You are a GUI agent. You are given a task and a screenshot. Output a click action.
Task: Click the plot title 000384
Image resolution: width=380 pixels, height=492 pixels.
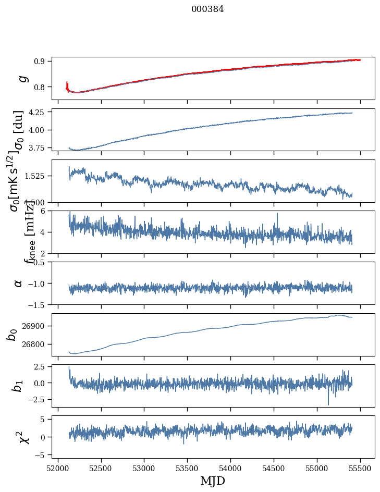pyautogui.click(x=207, y=9)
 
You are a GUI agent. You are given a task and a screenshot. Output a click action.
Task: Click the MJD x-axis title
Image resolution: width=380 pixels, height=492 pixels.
pyautogui.click(x=213, y=481)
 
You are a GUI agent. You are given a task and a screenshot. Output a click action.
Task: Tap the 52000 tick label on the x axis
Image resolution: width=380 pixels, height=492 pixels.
pyautogui.click(x=58, y=468)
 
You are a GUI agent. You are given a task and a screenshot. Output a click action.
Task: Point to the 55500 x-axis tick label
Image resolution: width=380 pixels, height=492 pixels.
pyautogui.click(x=360, y=468)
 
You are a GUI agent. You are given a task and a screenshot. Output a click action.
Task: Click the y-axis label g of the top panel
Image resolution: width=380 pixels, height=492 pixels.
pyautogui.click(x=22, y=78)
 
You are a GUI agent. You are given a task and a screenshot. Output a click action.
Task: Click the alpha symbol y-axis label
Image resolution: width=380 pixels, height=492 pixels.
pyautogui.click(x=19, y=282)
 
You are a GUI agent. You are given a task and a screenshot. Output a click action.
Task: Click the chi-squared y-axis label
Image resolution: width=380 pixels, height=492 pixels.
pyautogui.click(x=24, y=437)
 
